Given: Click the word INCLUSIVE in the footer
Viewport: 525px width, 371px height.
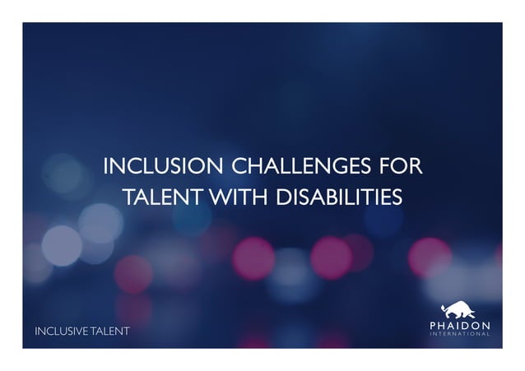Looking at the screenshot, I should [61, 332].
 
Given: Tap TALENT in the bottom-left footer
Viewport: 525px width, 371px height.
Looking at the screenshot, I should [109, 332].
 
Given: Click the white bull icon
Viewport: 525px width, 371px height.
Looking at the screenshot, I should [460, 311].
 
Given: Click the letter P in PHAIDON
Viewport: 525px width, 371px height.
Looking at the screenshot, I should [434, 326].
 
